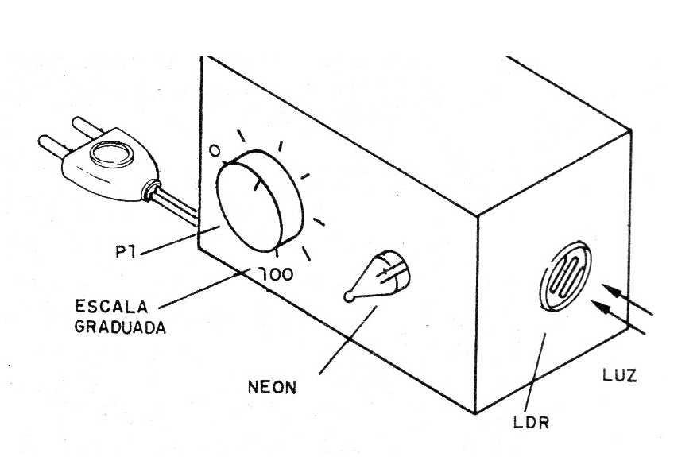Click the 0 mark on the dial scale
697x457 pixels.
point(214,150)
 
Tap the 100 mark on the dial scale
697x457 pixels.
point(276,274)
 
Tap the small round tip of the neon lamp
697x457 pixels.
point(347,297)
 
